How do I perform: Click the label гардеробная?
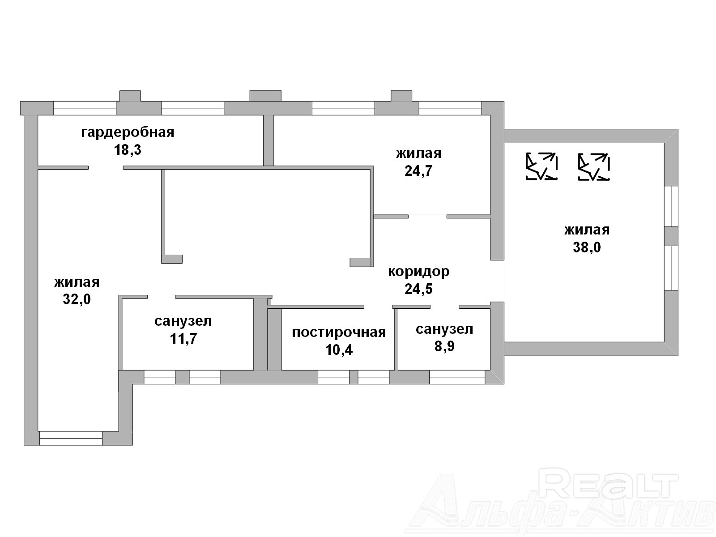[x=128, y=132]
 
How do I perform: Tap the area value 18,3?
[x=128, y=150]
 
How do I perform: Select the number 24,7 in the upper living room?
[x=418, y=171]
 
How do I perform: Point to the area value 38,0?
[x=587, y=247]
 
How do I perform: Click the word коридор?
[x=418, y=271]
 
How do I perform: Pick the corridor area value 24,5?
[x=418, y=289]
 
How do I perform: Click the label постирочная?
[x=339, y=332]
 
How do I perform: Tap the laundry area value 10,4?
[x=339, y=349]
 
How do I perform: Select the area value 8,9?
[x=444, y=346]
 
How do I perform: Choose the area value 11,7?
[x=183, y=338]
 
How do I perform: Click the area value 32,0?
[x=77, y=299]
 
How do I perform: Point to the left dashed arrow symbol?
[x=541, y=166]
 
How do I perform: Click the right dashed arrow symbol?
[x=594, y=166]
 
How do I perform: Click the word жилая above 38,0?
[x=587, y=230]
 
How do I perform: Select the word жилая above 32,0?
[x=77, y=282]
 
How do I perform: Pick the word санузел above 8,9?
[x=444, y=329]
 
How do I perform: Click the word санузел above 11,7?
[x=183, y=321]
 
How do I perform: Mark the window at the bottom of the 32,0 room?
[x=71, y=438]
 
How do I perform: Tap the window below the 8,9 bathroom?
[x=457, y=377]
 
